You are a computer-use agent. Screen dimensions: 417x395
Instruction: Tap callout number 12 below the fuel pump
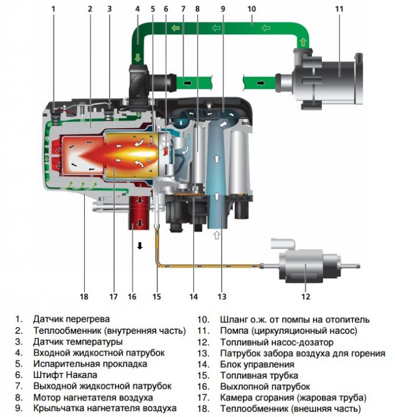(306, 297)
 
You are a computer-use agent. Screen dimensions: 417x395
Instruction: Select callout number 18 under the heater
(84, 297)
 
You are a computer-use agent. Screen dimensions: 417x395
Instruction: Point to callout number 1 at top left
(54, 9)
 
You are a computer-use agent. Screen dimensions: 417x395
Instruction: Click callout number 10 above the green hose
(252, 9)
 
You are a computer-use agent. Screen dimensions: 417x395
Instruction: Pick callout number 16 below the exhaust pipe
(131, 297)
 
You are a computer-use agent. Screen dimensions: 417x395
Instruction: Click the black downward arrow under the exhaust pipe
(140, 245)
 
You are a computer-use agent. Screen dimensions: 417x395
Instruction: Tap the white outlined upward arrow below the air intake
(216, 235)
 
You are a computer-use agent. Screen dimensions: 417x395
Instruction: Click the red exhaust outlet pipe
(140, 216)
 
